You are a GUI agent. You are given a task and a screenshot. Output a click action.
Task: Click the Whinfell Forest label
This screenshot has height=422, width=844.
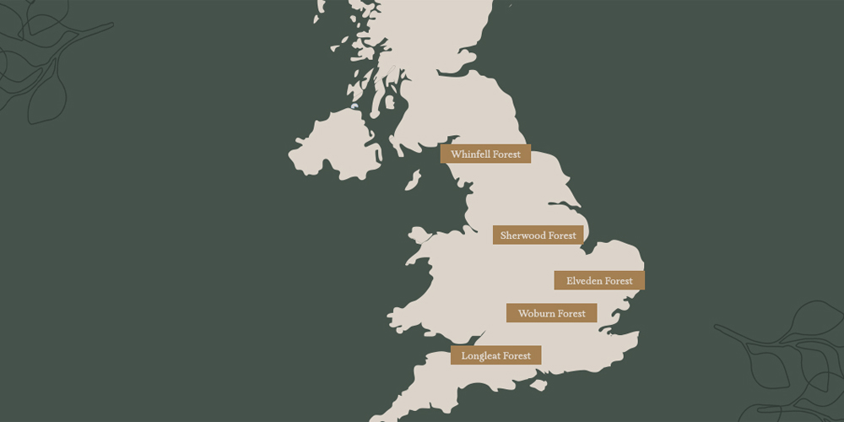point(485,154)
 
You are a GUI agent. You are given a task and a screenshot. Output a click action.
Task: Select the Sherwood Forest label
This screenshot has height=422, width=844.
point(538,235)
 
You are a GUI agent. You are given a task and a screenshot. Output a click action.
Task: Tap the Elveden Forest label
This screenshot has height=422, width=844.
point(599,280)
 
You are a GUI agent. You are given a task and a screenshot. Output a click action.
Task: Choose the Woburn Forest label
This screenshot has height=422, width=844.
point(551,313)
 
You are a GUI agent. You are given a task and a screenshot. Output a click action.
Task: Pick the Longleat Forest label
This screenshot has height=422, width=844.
point(495,355)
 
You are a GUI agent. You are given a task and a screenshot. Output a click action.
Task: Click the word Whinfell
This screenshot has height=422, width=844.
point(470,154)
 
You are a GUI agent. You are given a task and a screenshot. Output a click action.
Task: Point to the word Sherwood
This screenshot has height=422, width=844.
point(522,235)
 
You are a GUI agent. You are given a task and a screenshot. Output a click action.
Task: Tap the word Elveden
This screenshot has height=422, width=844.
point(584,280)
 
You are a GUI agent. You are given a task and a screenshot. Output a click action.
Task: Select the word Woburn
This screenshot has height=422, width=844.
point(536,313)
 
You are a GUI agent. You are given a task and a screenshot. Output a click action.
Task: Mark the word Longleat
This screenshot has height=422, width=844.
point(480,355)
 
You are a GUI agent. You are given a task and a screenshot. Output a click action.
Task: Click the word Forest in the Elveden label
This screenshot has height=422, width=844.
point(619,280)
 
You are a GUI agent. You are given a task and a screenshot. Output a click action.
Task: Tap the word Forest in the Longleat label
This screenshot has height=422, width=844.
point(517,355)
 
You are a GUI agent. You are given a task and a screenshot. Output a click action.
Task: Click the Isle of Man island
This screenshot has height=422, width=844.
point(413,181)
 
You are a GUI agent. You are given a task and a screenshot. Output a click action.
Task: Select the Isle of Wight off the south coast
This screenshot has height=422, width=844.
point(538,386)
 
